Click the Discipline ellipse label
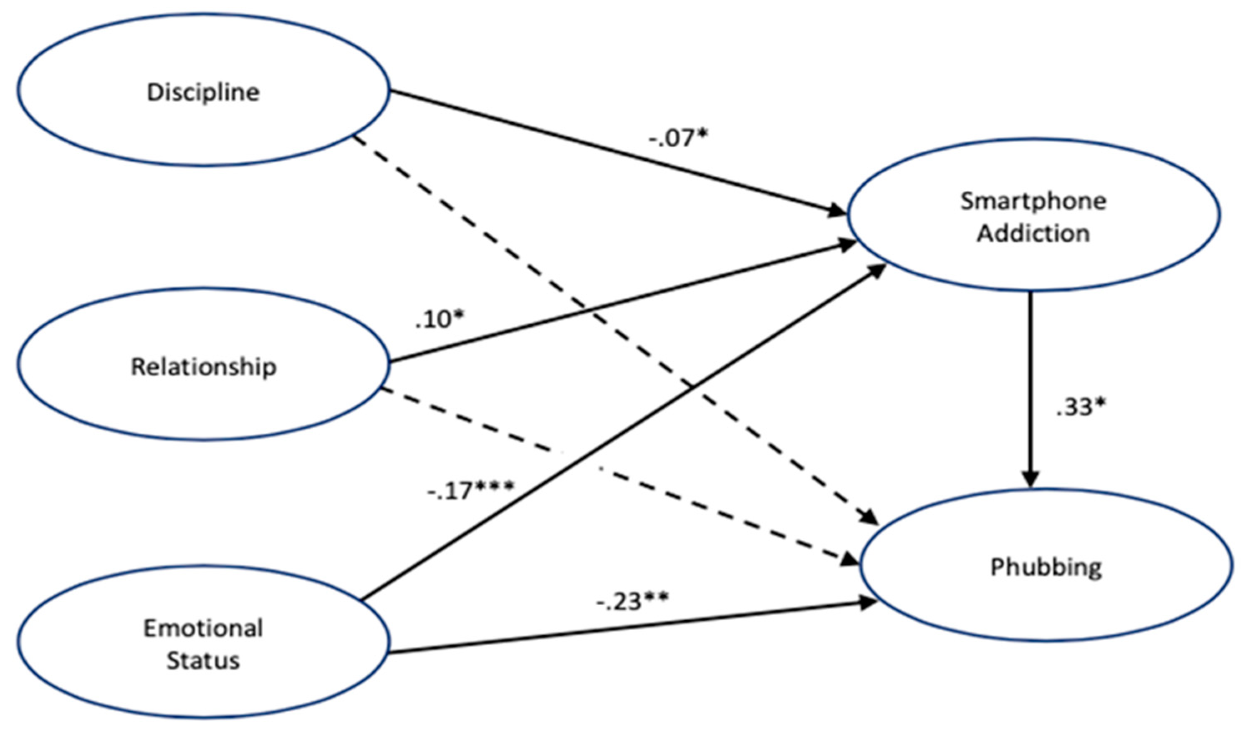(203, 92)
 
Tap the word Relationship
(203, 367)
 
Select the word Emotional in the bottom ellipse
(203, 628)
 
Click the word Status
(203, 661)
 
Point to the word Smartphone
(1033, 202)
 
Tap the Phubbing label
(1046, 567)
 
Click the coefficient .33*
(1080, 408)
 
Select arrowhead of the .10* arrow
(847, 245)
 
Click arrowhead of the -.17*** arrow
(877, 272)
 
